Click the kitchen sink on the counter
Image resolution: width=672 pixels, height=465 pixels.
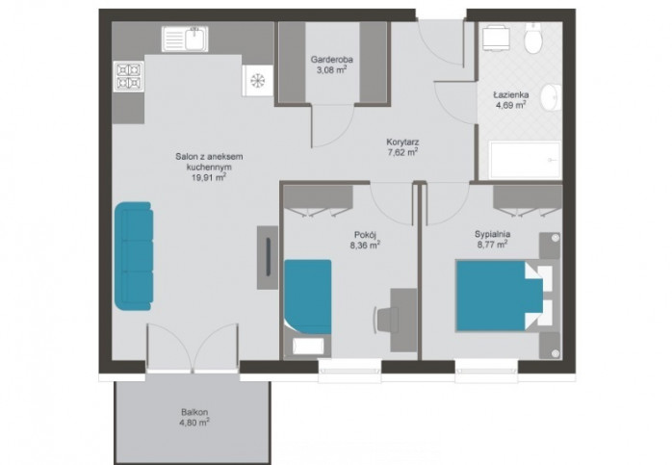tap(185, 39)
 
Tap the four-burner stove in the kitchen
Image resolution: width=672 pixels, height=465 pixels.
tap(129, 76)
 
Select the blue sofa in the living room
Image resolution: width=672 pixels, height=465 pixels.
tap(133, 256)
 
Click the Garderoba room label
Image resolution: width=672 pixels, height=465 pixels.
tap(329, 60)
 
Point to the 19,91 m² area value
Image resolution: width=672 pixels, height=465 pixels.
tap(209, 177)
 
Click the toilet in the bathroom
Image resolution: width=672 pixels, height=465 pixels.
tap(534, 38)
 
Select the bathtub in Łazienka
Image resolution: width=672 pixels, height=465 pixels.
tap(526, 160)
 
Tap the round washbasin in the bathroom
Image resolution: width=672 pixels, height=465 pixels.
tap(551, 97)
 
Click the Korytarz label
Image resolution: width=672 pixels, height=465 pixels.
tap(402, 142)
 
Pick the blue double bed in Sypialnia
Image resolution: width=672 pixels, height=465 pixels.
tap(500, 296)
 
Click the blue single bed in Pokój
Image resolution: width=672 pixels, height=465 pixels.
tap(308, 297)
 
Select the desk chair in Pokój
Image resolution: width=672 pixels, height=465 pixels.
tap(386, 320)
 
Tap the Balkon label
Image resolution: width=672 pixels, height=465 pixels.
tap(194, 412)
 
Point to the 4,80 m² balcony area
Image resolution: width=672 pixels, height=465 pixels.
tap(194, 423)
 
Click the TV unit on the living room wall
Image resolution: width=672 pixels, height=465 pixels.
tap(268, 257)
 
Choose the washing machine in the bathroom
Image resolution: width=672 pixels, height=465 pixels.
tap(496, 39)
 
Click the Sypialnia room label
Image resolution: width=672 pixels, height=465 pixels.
tap(492, 234)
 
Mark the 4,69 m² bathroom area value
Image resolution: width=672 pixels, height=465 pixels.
tap(511, 106)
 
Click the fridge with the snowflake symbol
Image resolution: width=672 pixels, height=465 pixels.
tap(258, 80)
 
